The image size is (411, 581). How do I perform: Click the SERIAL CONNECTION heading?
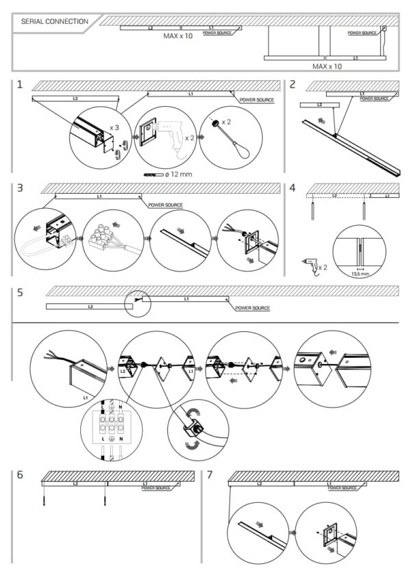(x=55, y=22)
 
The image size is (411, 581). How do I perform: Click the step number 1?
(x=21, y=85)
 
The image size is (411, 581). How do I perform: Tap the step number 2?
(x=293, y=85)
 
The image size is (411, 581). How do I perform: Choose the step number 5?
(x=21, y=292)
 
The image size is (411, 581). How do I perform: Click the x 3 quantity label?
(x=115, y=127)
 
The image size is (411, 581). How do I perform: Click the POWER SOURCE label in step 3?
(x=165, y=205)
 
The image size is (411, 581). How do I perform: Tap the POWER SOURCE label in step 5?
(x=252, y=308)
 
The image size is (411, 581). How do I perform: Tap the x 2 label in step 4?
(x=319, y=268)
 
